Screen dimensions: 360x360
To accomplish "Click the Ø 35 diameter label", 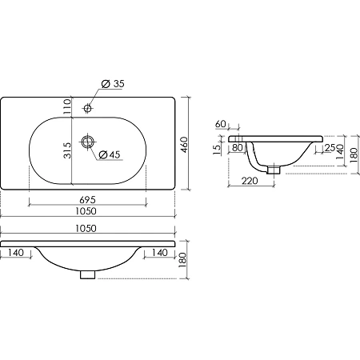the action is (113, 84).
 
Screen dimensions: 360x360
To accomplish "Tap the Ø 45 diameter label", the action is (110, 154).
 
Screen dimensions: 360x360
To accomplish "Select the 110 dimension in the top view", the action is (67, 106).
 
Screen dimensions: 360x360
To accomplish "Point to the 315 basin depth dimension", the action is (67, 150).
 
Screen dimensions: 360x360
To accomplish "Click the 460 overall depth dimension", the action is (184, 145).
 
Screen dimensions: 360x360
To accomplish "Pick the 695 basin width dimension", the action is (87, 199).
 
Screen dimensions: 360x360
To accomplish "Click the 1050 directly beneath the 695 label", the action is (86, 211).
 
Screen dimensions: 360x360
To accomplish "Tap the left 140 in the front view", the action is (16, 252).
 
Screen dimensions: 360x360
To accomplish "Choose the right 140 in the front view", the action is (159, 252).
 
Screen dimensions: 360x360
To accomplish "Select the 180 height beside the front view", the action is (182, 260).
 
